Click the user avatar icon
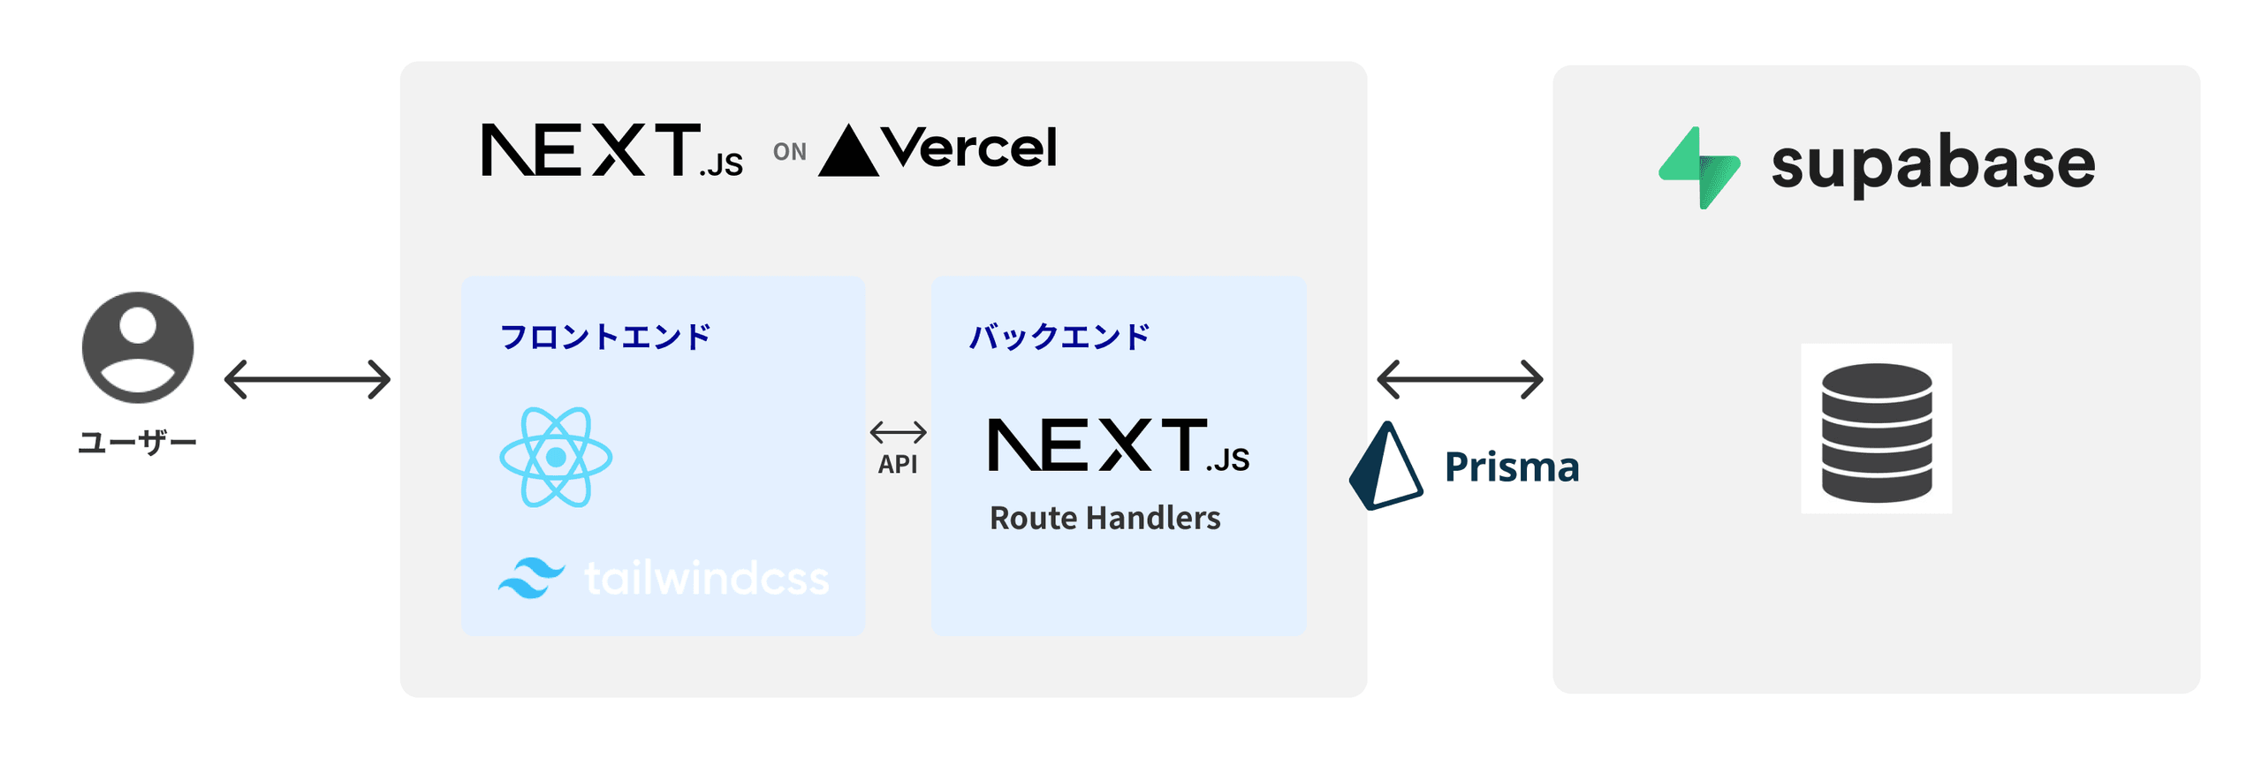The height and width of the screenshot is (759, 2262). coord(137,347)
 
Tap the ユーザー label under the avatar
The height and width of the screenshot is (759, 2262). coord(137,441)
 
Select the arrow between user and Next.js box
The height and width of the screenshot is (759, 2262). coord(307,379)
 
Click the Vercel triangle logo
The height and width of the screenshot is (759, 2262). coord(847,152)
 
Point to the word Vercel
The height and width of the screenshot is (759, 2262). coord(969,148)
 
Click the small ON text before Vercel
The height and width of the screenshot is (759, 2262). coord(789,152)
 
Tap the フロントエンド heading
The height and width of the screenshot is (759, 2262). coord(605,337)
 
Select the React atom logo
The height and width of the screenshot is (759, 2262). coord(556,457)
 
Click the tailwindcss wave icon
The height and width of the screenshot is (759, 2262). coord(530,578)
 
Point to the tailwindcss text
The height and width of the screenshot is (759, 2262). coord(706,579)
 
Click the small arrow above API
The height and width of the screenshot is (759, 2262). coord(898,432)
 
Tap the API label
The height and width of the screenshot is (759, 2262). coord(897,464)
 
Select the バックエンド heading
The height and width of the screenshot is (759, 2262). coord(1059,337)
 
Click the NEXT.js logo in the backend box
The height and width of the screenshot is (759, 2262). coord(1118,445)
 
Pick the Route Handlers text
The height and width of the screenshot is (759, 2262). coord(1104,518)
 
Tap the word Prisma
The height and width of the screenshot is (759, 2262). coord(1511,467)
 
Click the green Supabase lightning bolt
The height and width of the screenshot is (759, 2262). coord(1698,168)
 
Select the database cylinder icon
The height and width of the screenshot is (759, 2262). coord(1876,432)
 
